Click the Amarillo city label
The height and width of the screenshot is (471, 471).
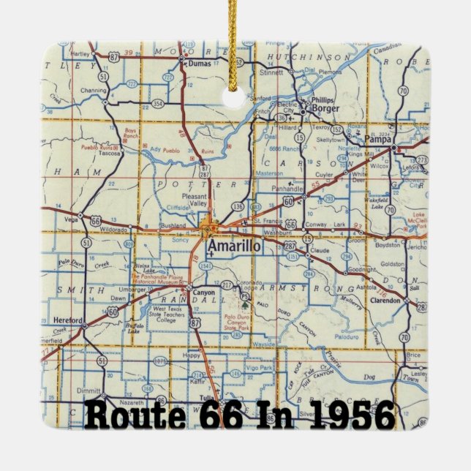click(x=233, y=246)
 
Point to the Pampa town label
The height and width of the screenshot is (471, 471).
click(x=378, y=139)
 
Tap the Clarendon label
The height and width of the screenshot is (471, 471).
click(x=383, y=300)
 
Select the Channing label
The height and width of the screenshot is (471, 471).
click(x=92, y=91)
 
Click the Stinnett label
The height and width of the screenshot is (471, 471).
click(x=272, y=72)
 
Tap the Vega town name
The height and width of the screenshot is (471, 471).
click(x=72, y=219)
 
